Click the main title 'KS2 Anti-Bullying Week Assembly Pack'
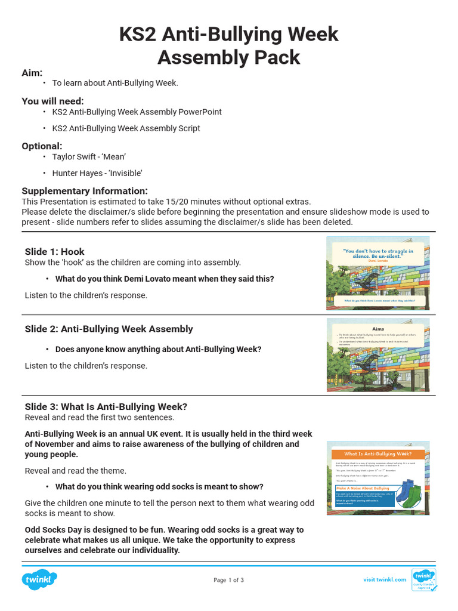(229, 45)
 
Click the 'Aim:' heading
(32, 73)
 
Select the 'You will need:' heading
(52, 101)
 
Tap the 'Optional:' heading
(42, 146)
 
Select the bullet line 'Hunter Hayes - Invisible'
(97, 174)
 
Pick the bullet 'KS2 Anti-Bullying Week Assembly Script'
(126, 128)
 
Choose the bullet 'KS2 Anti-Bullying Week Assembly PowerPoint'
(137, 112)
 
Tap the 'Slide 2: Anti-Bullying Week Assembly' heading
(109, 329)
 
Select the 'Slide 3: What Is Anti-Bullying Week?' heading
(106, 407)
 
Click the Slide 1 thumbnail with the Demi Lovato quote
(377, 273)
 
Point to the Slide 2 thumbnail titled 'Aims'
(377, 354)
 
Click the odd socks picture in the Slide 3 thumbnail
(411, 493)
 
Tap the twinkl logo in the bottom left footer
(40, 579)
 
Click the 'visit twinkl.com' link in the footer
(385, 580)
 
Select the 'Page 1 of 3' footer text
(228, 580)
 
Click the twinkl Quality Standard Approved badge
(423, 580)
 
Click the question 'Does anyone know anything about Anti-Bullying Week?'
(158, 350)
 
